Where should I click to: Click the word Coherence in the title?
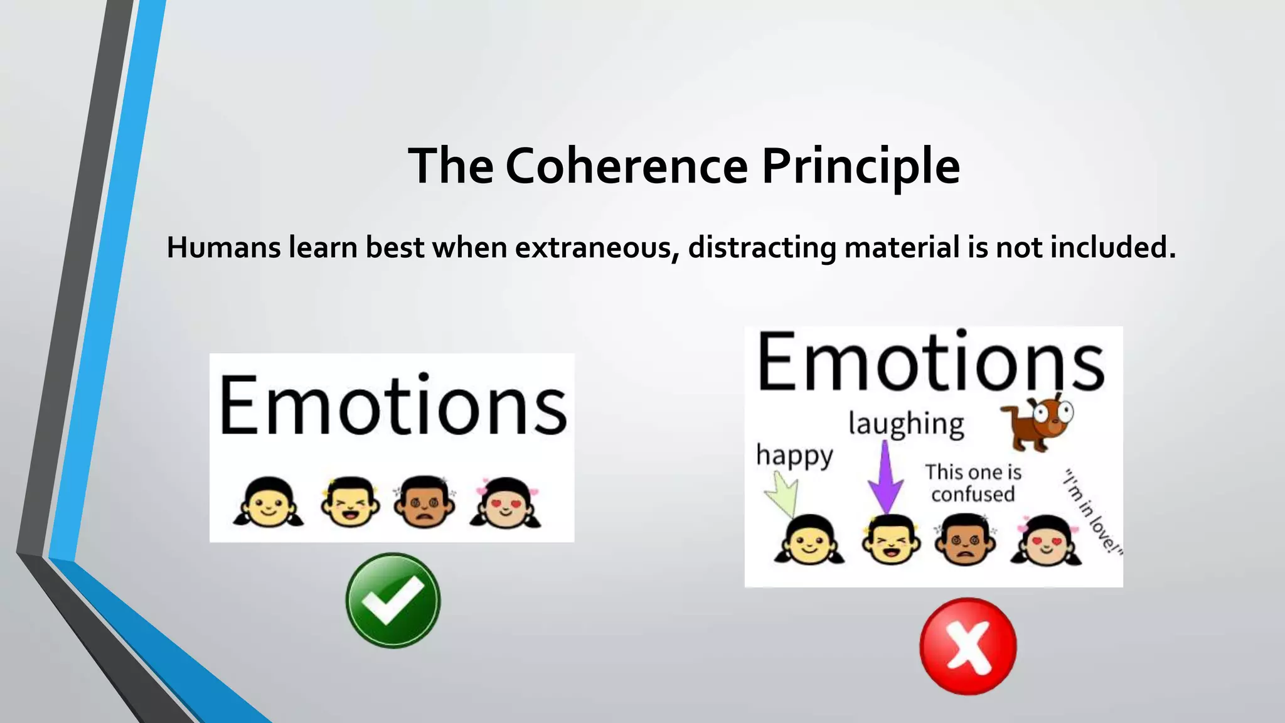pos(626,166)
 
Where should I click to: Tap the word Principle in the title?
pos(860,166)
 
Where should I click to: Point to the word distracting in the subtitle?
pos(762,247)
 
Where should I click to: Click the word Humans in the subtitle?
pos(223,247)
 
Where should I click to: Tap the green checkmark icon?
pos(393,601)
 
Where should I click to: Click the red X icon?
pos(968,646)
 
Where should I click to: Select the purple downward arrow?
pos(885,477)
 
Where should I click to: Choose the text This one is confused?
pos(973,483)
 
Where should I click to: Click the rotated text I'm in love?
pos(1092,511)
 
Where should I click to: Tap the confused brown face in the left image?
pos(425,501)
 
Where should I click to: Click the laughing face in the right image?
pos(891,540)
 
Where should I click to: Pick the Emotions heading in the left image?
pos(393,405)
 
